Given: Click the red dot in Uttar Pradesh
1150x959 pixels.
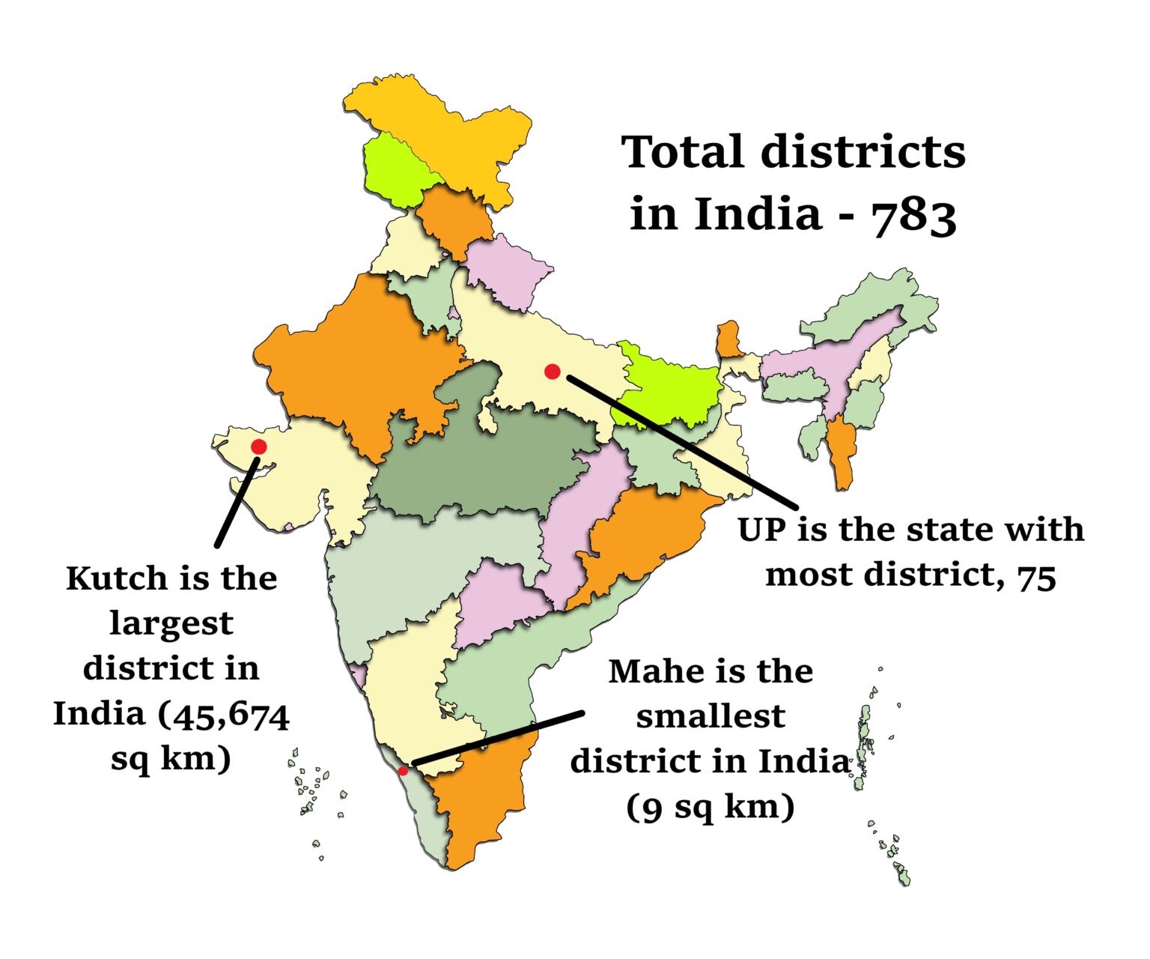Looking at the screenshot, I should click(553, 372).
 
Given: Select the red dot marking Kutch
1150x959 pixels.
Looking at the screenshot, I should click(259, 447).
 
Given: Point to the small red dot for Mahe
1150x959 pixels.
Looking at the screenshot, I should click(403, 770).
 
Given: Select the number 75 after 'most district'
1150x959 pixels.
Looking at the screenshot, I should click(1036, 577).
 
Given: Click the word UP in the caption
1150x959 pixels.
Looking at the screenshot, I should click(762, 530).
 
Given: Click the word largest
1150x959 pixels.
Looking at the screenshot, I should click(171, 623).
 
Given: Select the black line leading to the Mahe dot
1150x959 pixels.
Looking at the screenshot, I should click(498, 738).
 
